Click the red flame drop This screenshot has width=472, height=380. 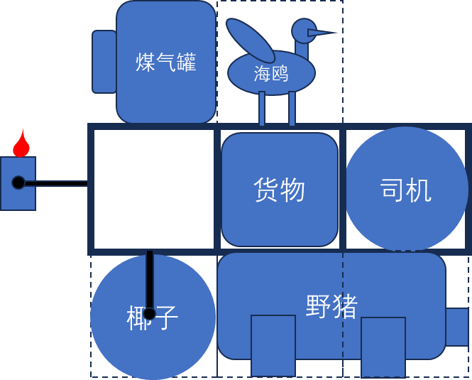click(x=21, y=145)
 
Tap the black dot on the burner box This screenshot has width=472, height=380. click(x=18, y=183)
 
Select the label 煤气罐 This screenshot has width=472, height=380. click(x=165, y=63)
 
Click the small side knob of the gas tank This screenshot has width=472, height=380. click(x=104, y=62)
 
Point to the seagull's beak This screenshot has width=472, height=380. click(x=322, y=33)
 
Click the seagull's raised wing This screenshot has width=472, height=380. click(x=250, y=40)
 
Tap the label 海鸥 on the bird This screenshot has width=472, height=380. click(x=271, y=73)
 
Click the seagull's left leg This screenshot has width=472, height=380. click(x=262, y=109)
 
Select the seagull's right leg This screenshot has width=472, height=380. click(x=292, y=109)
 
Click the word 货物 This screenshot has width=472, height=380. click(x=279, y=190)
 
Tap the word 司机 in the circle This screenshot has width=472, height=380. click(x=405, y=190)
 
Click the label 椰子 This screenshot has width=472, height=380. click(x=152, y=317)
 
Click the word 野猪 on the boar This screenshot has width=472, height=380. click(x=331, y=306)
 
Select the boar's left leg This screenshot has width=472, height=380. click(x=273, y=345)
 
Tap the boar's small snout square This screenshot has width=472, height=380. click(x=457, y=327)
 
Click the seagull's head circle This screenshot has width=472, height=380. click(x=304, y=31)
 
